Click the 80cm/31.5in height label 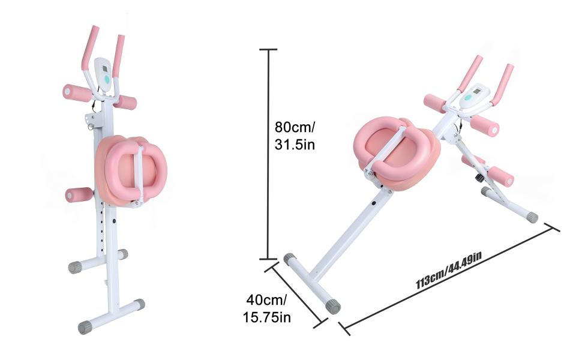point(295,136)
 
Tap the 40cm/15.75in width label point(266,308)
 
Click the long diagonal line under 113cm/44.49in point(450,281)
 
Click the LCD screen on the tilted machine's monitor point(476,93)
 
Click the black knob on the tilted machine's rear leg point(479,178)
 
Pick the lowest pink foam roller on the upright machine point(79,195)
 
